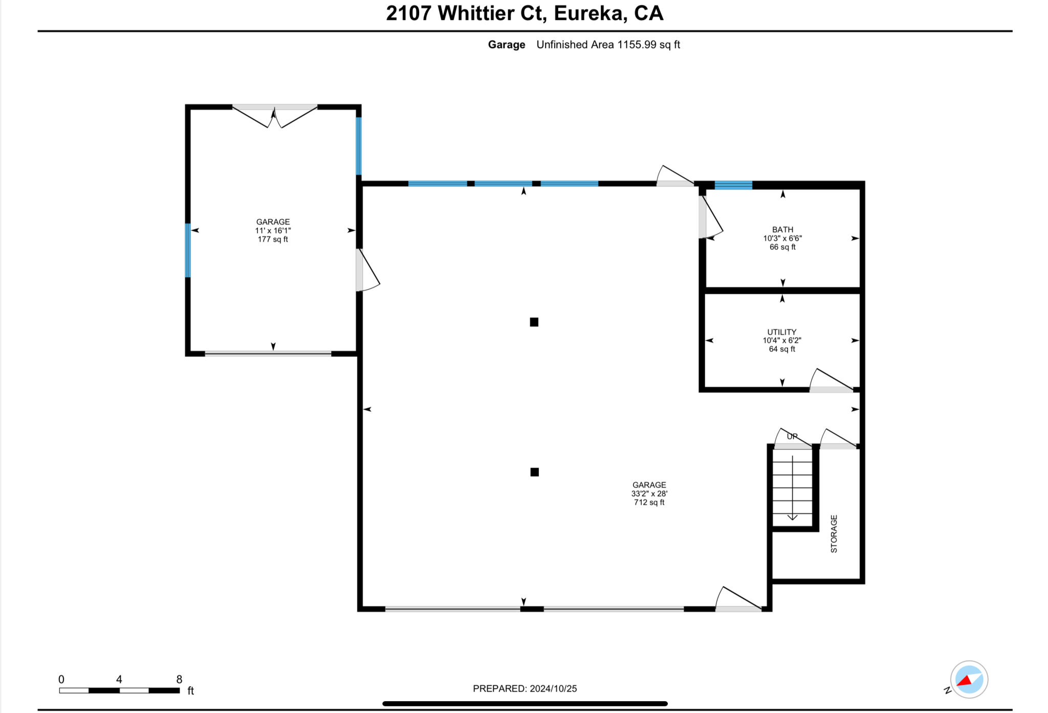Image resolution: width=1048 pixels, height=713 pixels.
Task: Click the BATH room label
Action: pos(782,229)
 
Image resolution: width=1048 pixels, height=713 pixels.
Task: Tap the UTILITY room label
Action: pos(781,332)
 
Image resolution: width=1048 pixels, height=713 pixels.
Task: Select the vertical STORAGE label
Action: pos(834,534)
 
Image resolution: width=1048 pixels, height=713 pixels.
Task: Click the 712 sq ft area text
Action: pos(649,502)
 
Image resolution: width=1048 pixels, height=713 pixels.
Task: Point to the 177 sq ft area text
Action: pos(273,239)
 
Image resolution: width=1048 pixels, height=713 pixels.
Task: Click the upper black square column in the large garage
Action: pos(534,322)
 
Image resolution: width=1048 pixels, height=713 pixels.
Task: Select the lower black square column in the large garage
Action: pos(534,472)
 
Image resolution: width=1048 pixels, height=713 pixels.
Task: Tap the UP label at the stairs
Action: pos(792,436)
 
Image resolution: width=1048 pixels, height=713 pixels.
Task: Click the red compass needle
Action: pos(965,681)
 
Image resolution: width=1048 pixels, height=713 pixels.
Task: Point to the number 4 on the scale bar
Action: pos(119,679)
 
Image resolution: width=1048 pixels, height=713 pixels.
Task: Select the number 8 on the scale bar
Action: pos(179,679)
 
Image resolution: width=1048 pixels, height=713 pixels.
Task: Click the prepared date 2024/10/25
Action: pos(553,688)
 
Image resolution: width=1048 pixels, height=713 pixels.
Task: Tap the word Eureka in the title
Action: pos(591,13)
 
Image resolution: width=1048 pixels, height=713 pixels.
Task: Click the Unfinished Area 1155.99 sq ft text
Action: pos(608,45)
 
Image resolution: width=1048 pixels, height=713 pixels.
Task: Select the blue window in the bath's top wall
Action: pos(733,185)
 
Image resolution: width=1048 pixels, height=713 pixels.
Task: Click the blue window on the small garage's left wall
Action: pos(188,250)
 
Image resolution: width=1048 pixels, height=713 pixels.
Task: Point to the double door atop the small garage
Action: pos(275,116)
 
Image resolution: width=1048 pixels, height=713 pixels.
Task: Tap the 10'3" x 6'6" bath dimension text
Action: pos(782,238)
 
